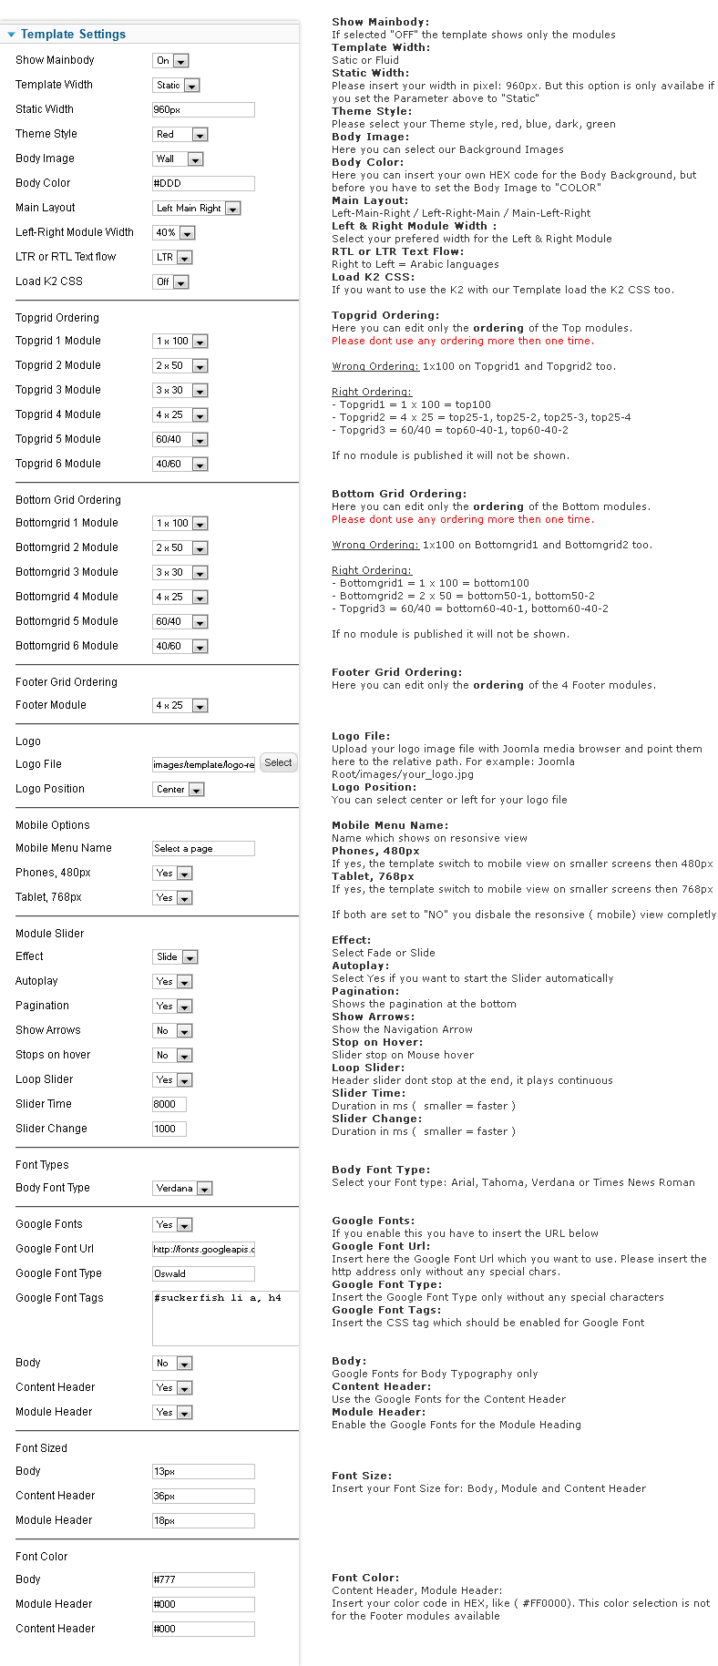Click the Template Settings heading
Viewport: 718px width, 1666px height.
pyautogui.click(x=73, y=35)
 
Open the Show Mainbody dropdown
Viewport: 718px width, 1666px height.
pyautogui.click(x=170, y=61)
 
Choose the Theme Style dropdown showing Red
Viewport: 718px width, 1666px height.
pyautogui.click(x=180, y=135)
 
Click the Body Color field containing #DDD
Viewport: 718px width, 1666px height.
pyautogui.click(x=202, y=183)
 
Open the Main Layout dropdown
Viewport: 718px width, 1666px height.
pyautogui.click(x=196, y=209)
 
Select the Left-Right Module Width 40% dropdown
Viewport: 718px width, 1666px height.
pyautogui.click(x=174, y=233)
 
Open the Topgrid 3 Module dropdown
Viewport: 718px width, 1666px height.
pyautogui.click(x=180, y=391)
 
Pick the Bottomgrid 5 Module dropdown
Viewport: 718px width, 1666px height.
pyautogui.click(x=180, y=622)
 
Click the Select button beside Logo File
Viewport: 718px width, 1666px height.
pyautogui.click(x=278, y=763)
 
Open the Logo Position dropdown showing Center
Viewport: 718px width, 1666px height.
pyautogui.click(x=179, y=790)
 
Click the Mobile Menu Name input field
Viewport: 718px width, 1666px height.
pyautogui.click(x=202, y=849)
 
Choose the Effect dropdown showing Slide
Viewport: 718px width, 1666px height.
pyautogui.click(x=175, y=957)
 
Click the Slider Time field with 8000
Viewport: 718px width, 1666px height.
pyautogui.click(x=169, y=1104)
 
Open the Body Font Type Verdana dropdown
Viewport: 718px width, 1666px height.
pyautogui.click(x=182, y=1189)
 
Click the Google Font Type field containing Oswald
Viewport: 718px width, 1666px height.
pyautogui.click(x=202, y=1274)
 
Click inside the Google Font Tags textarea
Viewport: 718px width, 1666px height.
pyautogui.click(x=224, y=1317)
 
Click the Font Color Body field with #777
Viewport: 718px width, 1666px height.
pyautogui.click(x=202, y=1580)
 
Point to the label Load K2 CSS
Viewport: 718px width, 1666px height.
pyautogui.click(x=49, y=281)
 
